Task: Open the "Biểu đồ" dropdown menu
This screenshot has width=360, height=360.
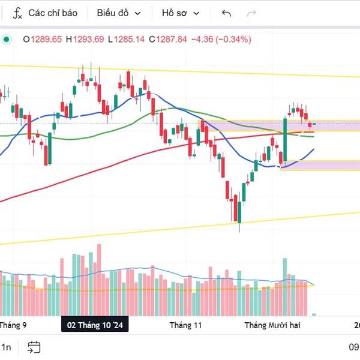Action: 119,13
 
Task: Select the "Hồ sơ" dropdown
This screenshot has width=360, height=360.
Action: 181,13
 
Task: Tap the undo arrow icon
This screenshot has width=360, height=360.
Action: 226,13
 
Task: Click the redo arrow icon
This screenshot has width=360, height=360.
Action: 252,13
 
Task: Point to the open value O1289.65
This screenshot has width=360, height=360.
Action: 43,40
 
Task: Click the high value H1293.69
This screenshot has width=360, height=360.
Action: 85,40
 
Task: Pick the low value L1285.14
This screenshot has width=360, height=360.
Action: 127,40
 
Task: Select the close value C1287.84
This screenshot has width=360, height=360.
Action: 168,40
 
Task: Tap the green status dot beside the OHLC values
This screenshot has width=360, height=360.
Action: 7,40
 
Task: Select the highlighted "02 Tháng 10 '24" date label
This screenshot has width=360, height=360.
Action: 95,325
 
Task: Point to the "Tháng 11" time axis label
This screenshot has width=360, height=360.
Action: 186,325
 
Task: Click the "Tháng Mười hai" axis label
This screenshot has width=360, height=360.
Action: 270,325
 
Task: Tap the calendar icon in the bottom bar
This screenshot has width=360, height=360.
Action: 34,347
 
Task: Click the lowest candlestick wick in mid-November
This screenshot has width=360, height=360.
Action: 239,227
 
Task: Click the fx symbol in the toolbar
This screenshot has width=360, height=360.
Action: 18,13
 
